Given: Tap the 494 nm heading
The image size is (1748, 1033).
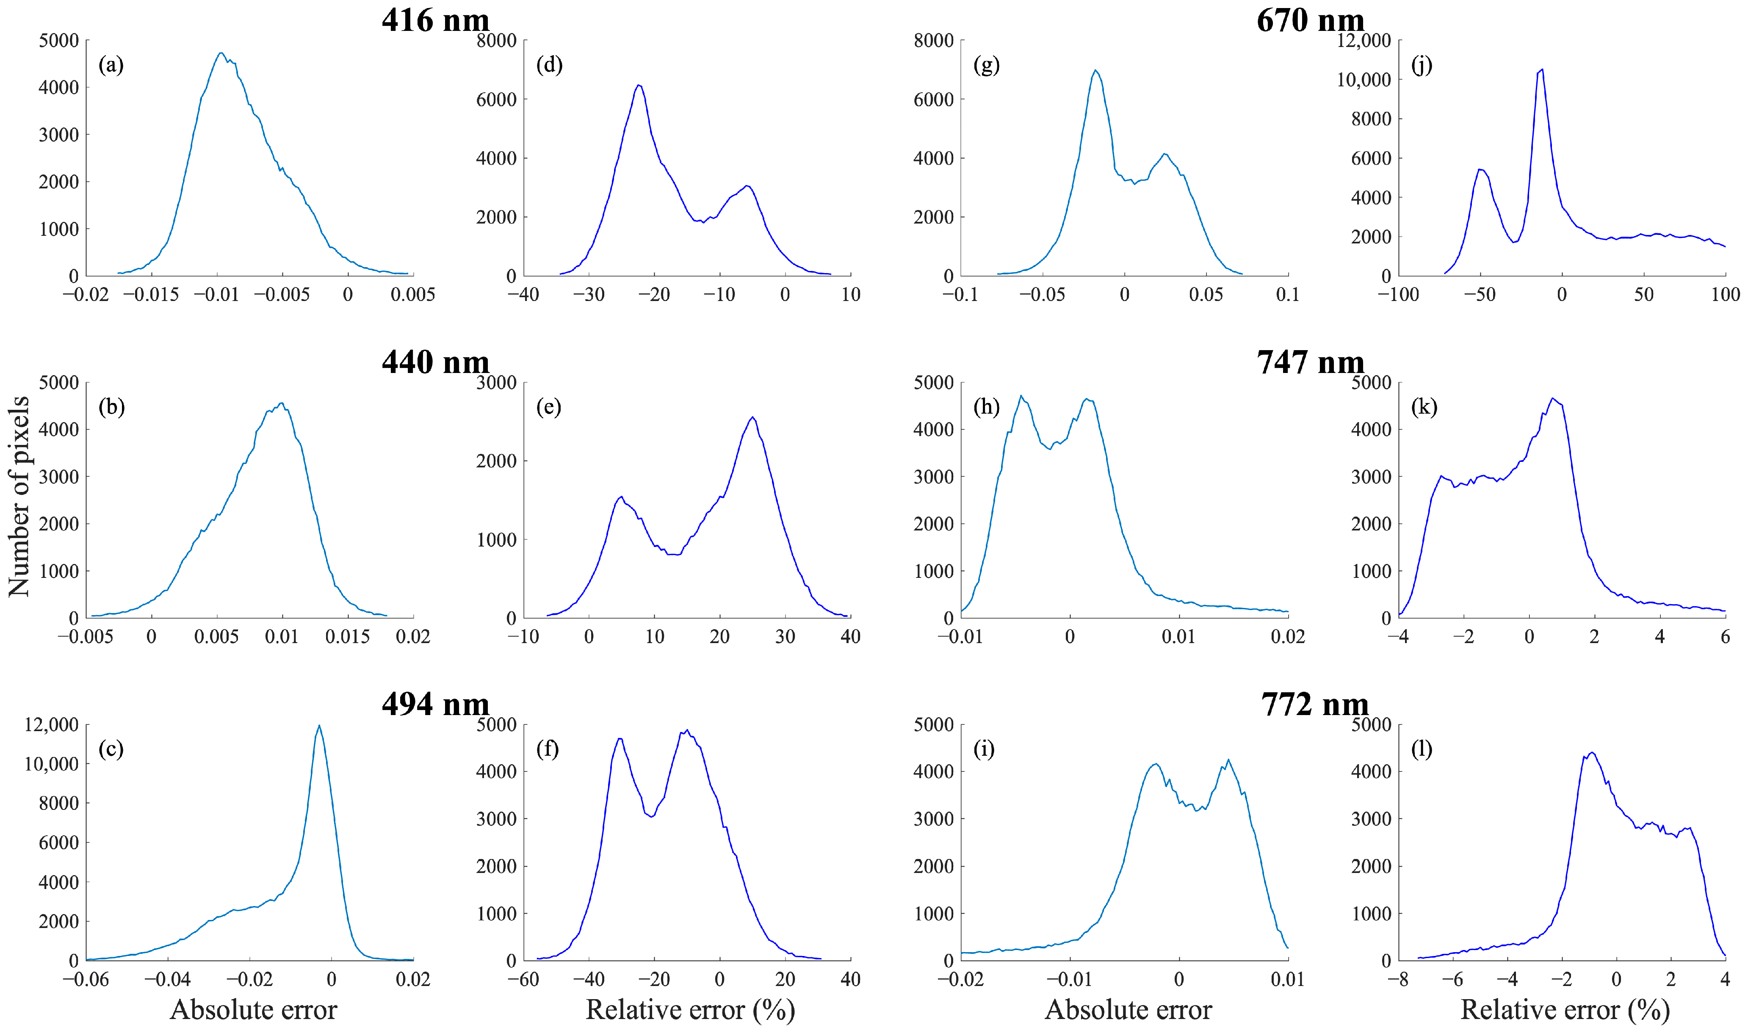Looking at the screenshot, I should [435, 704].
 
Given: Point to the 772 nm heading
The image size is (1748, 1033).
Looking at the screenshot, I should [1314, 704].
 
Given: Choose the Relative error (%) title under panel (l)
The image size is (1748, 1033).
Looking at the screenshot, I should [1564, 1009].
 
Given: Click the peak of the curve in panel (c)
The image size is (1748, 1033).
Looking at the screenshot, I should [319, 726].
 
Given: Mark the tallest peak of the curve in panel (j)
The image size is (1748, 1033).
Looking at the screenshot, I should [1542, 69].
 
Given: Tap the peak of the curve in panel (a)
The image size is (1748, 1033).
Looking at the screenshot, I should [221, 53].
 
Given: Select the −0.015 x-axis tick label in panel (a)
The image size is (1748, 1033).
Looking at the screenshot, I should [152, 294].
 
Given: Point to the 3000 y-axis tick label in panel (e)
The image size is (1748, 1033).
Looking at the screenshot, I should [496, 382].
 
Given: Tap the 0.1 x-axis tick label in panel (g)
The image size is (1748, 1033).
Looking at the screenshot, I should [1287, 294].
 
